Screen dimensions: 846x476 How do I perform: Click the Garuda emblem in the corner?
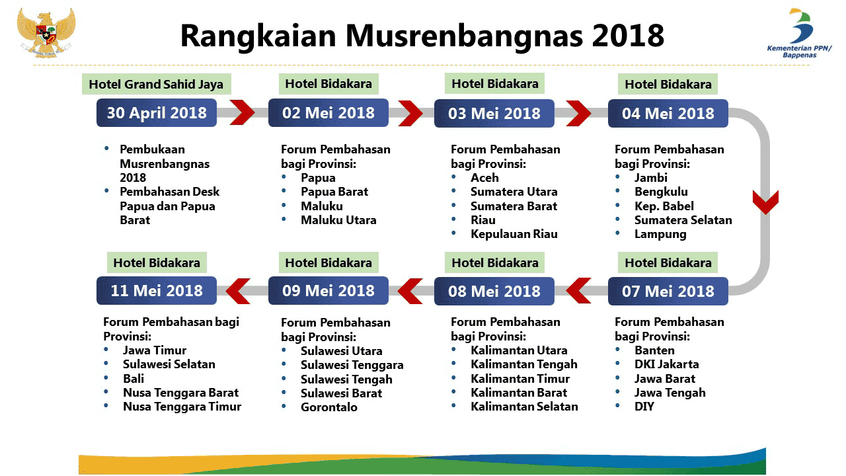(46, 32)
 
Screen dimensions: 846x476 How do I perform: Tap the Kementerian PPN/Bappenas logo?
(800, 33)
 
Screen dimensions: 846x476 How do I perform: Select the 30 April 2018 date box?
(157, 113)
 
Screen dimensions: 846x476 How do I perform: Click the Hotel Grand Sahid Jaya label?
(157, 84)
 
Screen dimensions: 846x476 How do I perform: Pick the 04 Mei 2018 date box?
(668, 113)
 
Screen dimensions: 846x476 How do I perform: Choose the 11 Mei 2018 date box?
(157, 291)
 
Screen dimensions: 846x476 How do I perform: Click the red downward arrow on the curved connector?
(765, 202)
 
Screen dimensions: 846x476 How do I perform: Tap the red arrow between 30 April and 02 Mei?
(242, 112)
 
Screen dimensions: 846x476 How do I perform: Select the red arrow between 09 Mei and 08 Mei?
(410, 291)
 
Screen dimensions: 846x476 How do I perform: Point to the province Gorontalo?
(329, 407)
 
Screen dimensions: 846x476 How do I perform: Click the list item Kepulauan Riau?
(514, 234)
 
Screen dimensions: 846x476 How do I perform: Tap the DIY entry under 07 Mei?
(644, 407)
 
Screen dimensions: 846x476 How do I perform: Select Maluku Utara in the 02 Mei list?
(338, 220)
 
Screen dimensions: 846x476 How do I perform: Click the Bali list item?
(134, 379)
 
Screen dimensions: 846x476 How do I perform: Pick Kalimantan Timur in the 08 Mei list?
(520, 379)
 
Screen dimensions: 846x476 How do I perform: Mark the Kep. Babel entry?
(664, 206)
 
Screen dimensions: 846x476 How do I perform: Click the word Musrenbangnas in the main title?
(464, 36)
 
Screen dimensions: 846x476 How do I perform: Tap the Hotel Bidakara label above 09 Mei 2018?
(328, 262)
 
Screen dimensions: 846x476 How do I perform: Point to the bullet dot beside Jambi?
(617, 177)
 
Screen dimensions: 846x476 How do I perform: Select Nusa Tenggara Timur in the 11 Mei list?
(182, 407)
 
